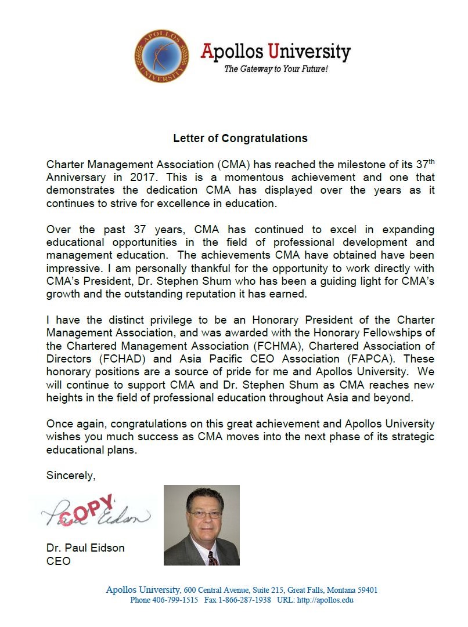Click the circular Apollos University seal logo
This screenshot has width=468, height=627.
click(x=161, y=56)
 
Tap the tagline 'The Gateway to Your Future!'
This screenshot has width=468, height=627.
click(x=276, y=69)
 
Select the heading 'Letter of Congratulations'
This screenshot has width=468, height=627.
click(x=240, y=139)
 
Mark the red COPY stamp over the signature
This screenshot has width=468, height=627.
click(x=87, y=510)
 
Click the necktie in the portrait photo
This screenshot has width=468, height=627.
click(x=213, y=559)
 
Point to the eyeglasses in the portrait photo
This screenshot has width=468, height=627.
click(x=205, y=514)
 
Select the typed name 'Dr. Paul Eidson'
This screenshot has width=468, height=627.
click(x=85, y=548)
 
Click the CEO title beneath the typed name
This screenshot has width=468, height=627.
click(x=58, y=561)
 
